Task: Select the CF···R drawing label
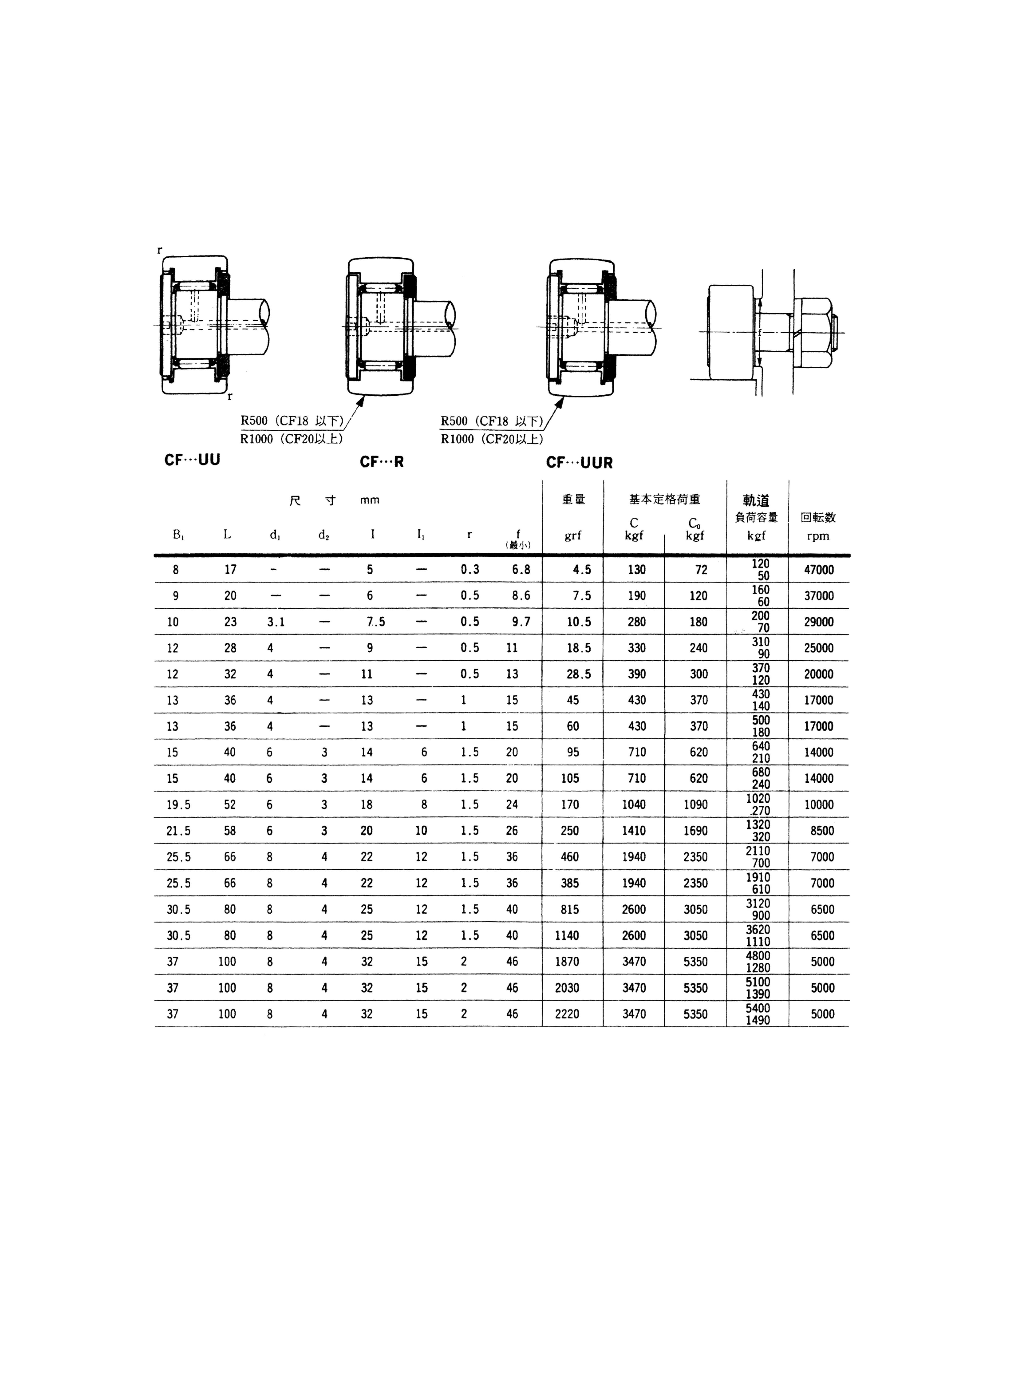click(x=382, y=462)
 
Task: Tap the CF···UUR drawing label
click(x=579, y=463)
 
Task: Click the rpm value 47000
click(x=819, y=569)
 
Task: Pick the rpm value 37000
click(x=819, y=595)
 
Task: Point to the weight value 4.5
click(x=582, y=569)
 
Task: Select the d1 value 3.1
click(x=276, y=622)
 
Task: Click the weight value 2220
click(x=567, y=1014)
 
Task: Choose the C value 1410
click(x=634, y=831)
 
